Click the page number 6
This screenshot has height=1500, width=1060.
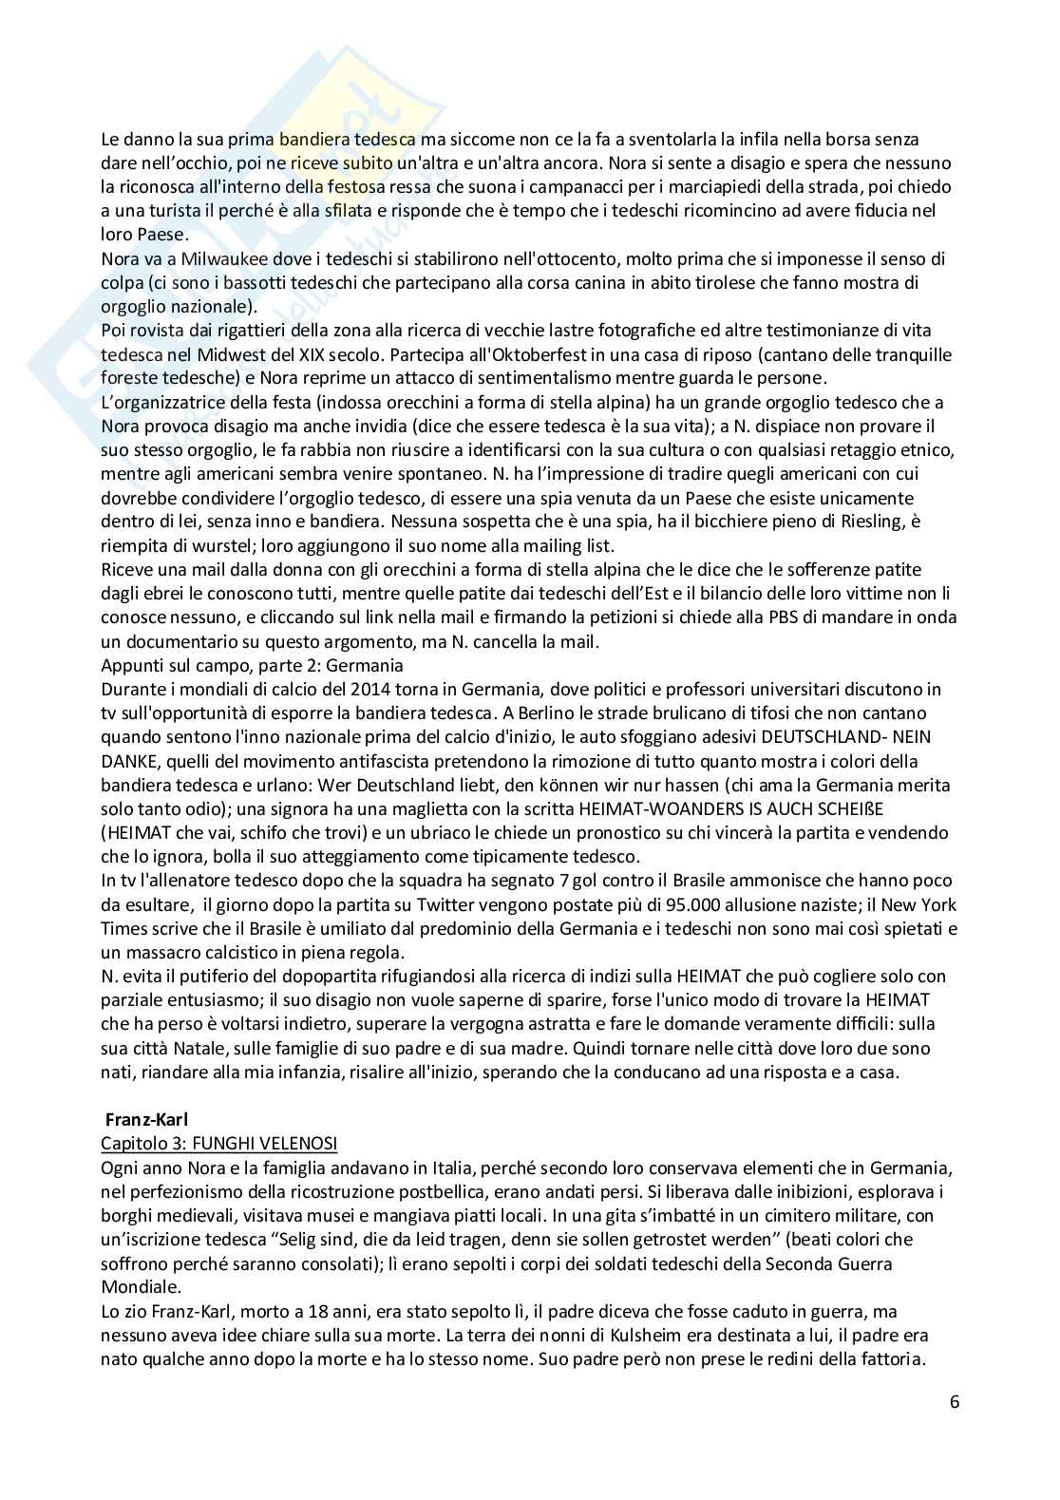click(x=954, y=1401)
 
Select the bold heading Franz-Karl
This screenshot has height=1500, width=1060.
click(x=146, y=1120)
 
